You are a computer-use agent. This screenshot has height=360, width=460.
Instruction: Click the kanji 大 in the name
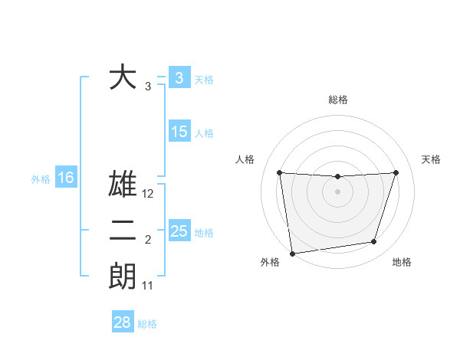pyautogui.click(x=123, y=78)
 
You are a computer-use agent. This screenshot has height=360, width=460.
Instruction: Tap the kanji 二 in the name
pyautogui.click(x=123, y=231)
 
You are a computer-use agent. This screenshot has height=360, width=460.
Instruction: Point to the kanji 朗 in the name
pyautogui.click(x=123, y=276)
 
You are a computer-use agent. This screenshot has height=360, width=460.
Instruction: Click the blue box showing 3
pyautogui.click(x=179, y=78)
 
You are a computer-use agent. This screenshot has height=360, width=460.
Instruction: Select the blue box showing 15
pyautogui.click(x=179, y=132)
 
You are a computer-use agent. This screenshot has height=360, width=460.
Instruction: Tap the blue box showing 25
pyautogui.click(x=179, y=231)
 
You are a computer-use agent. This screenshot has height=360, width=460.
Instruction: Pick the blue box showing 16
pyautogui.click(x=66, y=178)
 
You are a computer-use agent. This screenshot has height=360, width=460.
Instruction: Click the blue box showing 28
pyautogui.click(x=123, y=322)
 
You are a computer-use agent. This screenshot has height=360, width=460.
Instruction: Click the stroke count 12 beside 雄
pyautogui.click(x=149, y=195)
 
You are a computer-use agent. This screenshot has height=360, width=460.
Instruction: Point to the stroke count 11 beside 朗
pyautogui.click(x=149, y=286)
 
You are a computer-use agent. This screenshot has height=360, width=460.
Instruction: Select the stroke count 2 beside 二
pyautogui.click(x=148, y=241)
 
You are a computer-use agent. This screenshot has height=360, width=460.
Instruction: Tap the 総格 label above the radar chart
pyautogui.click(x=338, y=100)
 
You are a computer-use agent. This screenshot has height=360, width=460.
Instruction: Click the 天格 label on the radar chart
pyautogui.click(x=432, y=159)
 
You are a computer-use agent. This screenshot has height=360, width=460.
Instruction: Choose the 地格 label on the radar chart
pyautogui.click(x=402, y=262)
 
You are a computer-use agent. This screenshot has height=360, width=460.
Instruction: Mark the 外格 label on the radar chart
pyautogui.click(x=270, y=262)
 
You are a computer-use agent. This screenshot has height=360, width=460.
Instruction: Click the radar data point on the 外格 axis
pyautogui.click(x=292, y=254)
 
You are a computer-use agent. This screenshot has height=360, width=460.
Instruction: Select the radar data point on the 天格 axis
pyautogui.click(x=396, y=172)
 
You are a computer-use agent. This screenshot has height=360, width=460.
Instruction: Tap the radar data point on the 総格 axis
pyautogui.click(x=337, y=177)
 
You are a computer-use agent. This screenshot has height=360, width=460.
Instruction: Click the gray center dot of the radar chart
pyautogui.click(x=337, y=191)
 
